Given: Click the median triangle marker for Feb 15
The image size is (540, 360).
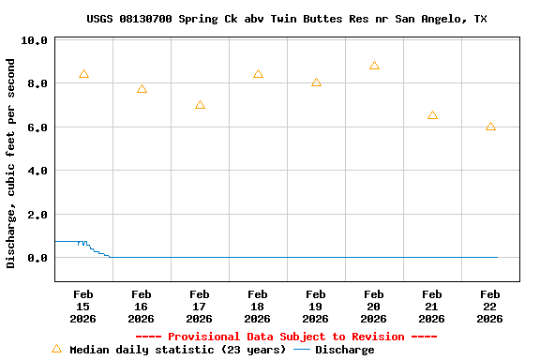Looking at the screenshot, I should click(83, 74).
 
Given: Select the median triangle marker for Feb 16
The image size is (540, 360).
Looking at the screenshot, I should click(142, 89).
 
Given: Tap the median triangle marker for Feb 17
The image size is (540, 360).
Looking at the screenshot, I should click(200, 105).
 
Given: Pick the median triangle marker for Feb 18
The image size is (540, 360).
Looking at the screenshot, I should click(258, 74).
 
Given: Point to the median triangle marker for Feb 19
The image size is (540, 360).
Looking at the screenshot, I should click(316, 82).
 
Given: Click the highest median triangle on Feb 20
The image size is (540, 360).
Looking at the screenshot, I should click(374, 66).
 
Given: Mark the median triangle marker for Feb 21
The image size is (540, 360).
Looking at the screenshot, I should click(432, 115).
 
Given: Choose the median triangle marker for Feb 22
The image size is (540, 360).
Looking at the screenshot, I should click(490, 127).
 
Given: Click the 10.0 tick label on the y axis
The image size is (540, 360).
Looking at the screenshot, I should click(34, 41).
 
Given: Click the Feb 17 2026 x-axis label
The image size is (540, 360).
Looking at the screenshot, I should click(199, 307).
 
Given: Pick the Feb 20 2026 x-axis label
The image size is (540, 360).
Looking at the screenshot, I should click(373, 307).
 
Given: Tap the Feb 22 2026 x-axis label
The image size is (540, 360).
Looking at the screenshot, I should click(489, 307).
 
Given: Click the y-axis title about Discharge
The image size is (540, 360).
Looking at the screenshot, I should click(11, 163).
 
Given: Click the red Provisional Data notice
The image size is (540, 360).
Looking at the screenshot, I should click(286, 337).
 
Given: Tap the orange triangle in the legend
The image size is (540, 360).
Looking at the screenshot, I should click(56, 349).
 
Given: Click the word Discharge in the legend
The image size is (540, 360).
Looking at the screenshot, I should click(344, 350).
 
